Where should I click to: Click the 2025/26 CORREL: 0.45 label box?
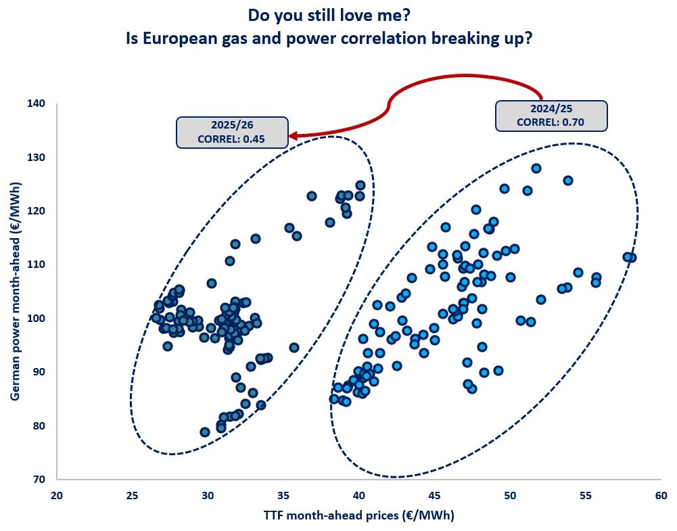232,132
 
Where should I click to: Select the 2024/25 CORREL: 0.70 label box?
551,116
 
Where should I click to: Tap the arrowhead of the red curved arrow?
294,136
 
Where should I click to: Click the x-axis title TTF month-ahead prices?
358,515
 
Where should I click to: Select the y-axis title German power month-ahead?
15,292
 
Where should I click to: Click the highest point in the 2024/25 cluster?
536,168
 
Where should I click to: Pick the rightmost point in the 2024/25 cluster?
631,258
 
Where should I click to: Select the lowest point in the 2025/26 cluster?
205,432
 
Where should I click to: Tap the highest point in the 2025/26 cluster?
360,185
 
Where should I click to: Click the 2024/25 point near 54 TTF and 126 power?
568,181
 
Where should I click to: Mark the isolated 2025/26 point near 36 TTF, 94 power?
294,348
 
